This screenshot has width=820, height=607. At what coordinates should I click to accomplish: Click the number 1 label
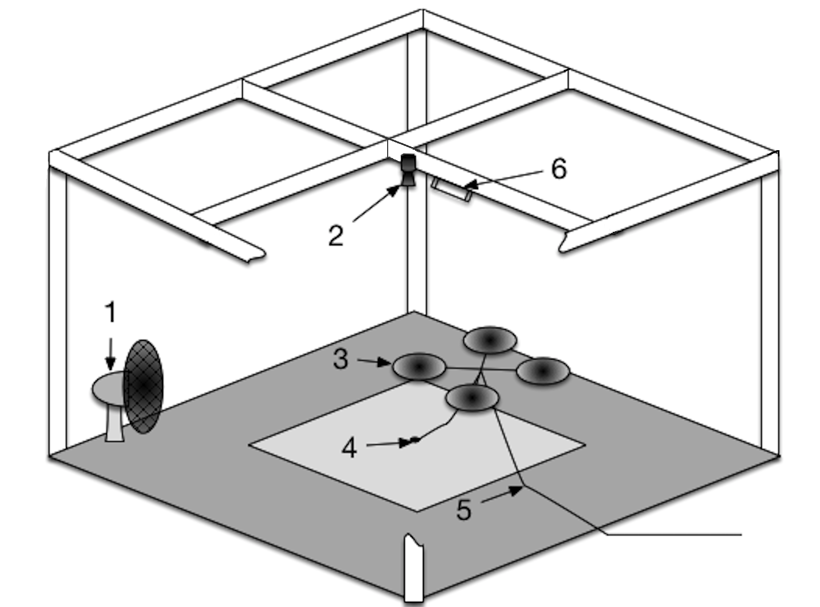(x=110, y=313)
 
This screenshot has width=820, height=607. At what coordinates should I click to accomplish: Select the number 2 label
(x=336, y=236)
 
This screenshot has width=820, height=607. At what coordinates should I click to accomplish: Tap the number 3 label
(x=340, y=359)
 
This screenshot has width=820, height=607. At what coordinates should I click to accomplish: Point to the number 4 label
(x=349, y=447)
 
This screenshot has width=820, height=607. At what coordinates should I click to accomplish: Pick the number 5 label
(x=464, y=510)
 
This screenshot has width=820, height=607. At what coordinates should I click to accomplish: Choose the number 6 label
(x=559, y=169)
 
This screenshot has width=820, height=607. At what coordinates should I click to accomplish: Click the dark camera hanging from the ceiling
(x=408, y=171)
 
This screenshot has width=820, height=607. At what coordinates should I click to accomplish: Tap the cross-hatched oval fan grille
(x=143, y=386)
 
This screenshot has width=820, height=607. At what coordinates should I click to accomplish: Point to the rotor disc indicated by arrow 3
(x=419, y=367)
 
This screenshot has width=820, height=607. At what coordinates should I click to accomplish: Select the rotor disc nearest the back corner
(x=490, y=341)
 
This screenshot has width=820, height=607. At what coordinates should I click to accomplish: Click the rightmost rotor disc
(x=543, y=371)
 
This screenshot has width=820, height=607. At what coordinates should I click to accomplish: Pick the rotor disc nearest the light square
(x=472, y=398)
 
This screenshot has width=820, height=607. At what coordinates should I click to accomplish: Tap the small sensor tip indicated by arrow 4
(x=415, y=440)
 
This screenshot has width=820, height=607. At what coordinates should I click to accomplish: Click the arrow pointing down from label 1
(x=110, y=353)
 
